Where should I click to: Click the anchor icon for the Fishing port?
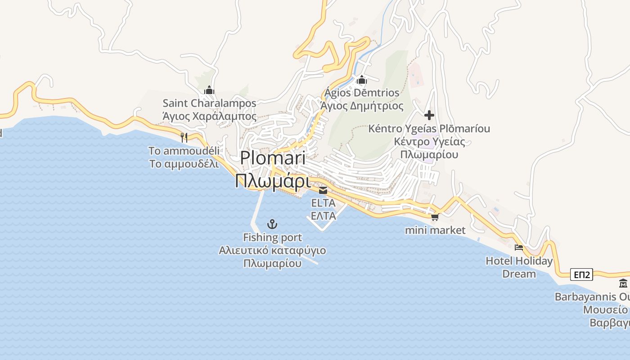pyautogui.click(x=272, y=224)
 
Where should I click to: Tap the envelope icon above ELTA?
pyautogui.click(x=323, y=190)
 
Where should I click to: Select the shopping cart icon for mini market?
pyautogui.click(x=435, y=218)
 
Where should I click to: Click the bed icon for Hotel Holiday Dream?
pyautogui.click(x=519, y=247)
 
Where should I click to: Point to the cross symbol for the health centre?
pyautogui.click(x=429, y=115)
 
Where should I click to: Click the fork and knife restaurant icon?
pyautogui.click(x=184, y=137)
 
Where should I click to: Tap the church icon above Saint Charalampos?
pyautogui.click(x=209, y=90)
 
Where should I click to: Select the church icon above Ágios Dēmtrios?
pyautogui.click(x=362, y=81)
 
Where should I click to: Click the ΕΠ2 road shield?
pyautogui.click(x=581, y=274)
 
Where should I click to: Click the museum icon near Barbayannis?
pyautogui.click(x=623, y=283)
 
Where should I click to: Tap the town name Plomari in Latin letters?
pyautogui.click(x=273, y=158)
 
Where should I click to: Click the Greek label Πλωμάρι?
pyautogui.click(x=273, y=182)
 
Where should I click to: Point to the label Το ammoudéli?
pyautogui.click(x=184, y=151)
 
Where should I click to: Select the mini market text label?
pyautogui.click(x=435, y=230)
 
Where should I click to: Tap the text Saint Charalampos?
pyautogui.click(x=209, y=103)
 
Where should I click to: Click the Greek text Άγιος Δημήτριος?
pyautogui.click(x=362, y=106)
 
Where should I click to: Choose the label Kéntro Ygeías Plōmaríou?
pyautogui.click(x=429, y=129)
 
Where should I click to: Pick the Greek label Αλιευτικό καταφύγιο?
pyautogui.click(x=272, y=251)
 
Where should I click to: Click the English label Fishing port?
pyautogui.click(x=272, y=238)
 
